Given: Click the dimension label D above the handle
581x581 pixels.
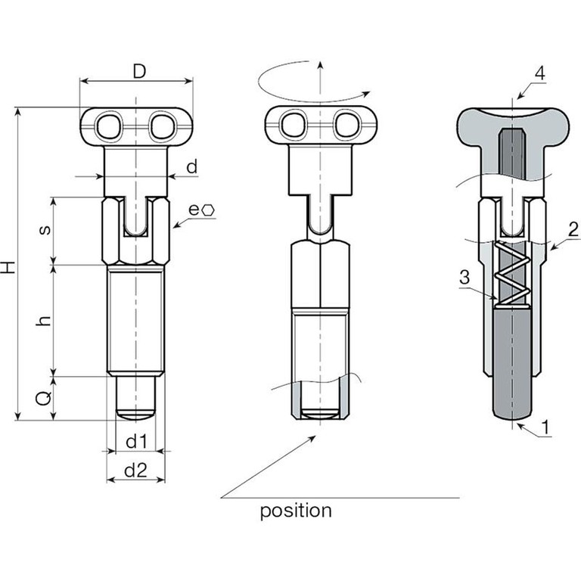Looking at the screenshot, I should point(138,72).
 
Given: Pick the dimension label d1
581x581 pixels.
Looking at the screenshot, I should point(135,440).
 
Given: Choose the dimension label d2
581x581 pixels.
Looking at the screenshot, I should point(135,471).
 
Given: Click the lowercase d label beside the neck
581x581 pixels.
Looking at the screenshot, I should point(192,167).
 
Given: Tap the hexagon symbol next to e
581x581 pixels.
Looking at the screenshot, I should point(209,210).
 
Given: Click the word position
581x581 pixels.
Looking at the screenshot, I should point(296,511).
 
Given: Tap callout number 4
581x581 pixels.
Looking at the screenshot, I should point(539,73).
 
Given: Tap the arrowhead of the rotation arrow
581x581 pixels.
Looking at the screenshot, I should point(367,92).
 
